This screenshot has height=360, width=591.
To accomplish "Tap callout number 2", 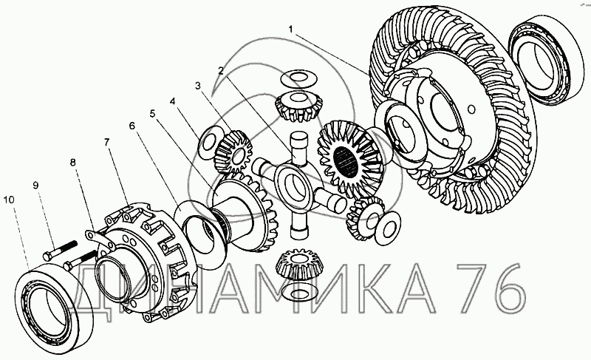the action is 220,70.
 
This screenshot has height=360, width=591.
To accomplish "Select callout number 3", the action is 198,86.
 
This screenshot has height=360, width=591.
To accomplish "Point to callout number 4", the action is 172,101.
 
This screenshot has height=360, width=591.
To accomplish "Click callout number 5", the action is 152,113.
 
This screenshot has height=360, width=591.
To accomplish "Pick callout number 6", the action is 131,126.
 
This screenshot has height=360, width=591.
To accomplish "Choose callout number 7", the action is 106,142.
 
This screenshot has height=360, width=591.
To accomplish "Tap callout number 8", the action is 72,162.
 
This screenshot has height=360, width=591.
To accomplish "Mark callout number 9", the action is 35,185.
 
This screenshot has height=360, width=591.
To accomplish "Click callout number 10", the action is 9,200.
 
